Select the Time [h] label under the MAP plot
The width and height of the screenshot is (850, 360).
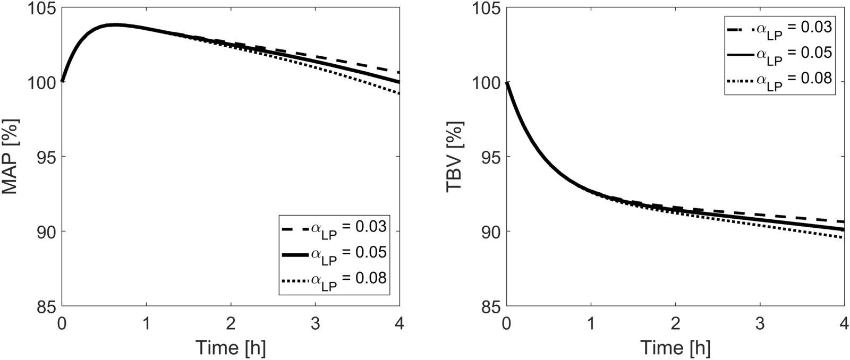coord(231,348)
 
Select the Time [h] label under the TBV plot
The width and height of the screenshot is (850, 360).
coord(675,348)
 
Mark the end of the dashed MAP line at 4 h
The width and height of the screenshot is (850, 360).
coord(399,72)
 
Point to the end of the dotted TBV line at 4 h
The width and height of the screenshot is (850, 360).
coord(843,237)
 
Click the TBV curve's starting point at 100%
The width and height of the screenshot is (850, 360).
coord(507,82)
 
